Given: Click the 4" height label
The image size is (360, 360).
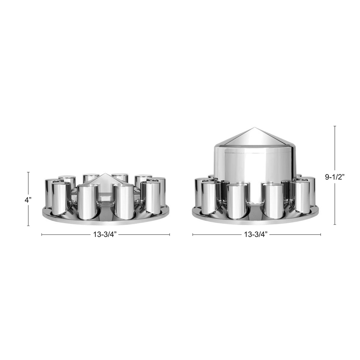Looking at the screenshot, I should click(28, 200).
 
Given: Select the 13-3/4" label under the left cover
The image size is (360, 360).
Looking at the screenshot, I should click(106, 235).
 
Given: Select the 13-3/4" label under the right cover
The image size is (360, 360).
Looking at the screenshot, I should click(256, 235).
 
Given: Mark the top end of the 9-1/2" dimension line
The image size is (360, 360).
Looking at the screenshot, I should click(335, 127).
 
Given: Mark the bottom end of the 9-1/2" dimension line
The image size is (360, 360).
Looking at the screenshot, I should click(335, 224).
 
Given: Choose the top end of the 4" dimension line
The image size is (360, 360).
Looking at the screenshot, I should click(28, 172).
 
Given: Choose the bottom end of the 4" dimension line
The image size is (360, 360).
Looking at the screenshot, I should click(28, 225).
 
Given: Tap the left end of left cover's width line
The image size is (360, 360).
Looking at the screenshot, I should click(42, 235).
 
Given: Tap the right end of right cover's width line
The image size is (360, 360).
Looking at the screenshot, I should click(320, 235).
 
